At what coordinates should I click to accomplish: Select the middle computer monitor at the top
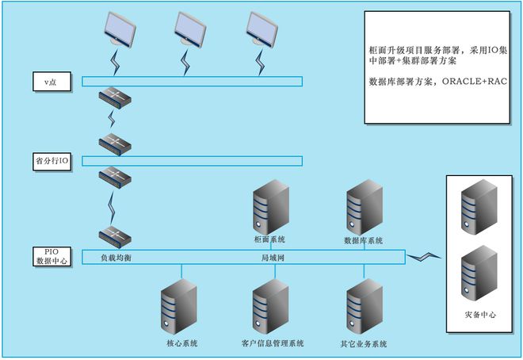pos(190,29)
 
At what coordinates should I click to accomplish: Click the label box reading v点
pos(52,81)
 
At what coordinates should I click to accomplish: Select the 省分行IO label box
pos(52,161)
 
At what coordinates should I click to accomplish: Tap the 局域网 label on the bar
pos(273,259)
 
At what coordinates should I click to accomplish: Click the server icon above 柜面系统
pos(270,209)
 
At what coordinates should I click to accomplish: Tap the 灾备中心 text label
pos(480,315)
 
